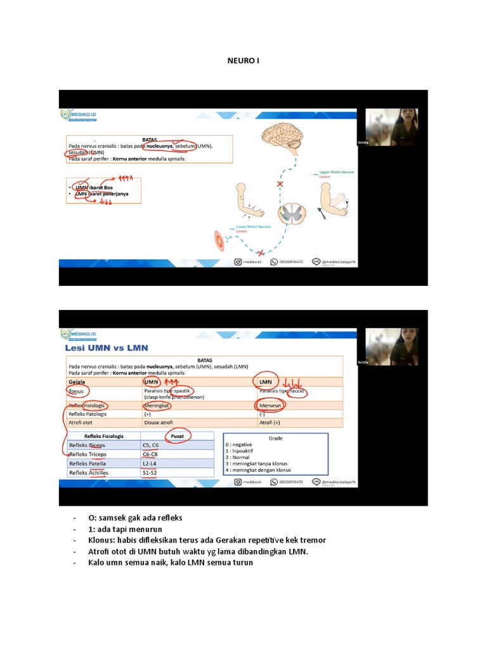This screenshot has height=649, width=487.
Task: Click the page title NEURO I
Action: click(x=243, y=61)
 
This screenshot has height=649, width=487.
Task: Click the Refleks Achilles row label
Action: click(x=88, y=473)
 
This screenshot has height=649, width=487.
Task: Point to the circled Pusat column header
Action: click(x=178, y=436)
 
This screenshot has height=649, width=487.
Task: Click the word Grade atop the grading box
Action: click(x=275, y=438)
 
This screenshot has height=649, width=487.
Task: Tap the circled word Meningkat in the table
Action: click(x=158, y=405)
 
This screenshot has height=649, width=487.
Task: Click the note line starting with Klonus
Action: click(x=207, y=540)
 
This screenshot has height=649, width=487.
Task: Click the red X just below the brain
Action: click(x=280, y=184)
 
